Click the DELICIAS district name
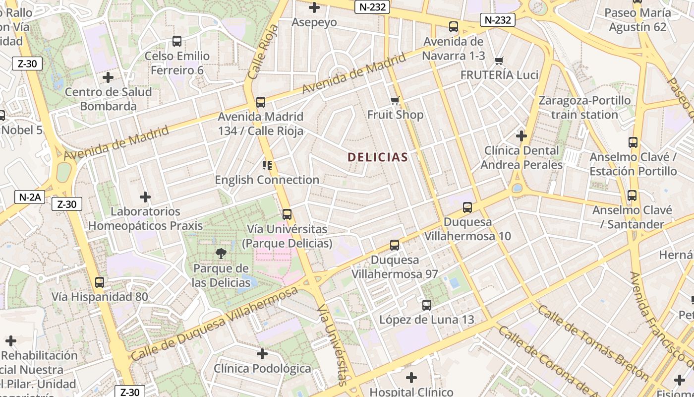coord(378,157)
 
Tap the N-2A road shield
coord(29,197)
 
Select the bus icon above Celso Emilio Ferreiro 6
coord(177,41)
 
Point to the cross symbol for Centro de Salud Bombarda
coord(108,77)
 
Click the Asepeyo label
coord(314,22)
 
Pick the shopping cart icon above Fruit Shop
coord(395,101)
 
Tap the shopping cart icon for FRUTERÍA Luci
coord(499,61)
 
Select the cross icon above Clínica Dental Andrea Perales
coord(521,135)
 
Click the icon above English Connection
coord(267,165)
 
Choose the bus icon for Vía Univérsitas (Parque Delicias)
coord(287,214)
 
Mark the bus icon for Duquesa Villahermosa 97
coord(395,245)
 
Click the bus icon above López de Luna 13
coord(427,305)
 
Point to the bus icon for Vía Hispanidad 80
coord(100,282)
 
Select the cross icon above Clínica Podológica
coord(262,354)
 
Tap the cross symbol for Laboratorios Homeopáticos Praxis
coord(145,197)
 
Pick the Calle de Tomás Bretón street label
coord(593,342)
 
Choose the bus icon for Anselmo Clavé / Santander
coord(632,196)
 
